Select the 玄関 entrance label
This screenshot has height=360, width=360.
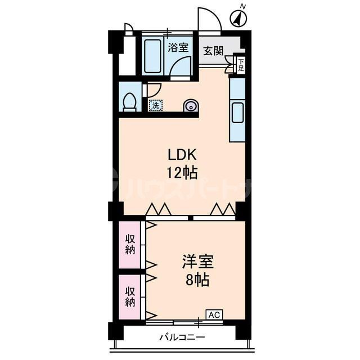[213, 51]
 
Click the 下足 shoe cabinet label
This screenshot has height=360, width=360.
[241, 65]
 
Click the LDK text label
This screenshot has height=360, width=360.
[179, 154]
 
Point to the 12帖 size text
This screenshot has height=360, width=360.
[179, 170]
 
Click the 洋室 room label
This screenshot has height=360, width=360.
[197, 262]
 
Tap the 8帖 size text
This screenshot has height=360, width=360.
[197, 279]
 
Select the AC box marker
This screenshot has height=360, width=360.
[214, 314]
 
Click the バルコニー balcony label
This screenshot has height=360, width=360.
[182, 338]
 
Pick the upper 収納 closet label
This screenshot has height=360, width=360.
[130, 245]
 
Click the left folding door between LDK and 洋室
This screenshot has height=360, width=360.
[158, 209]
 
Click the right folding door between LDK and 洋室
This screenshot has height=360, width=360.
[223, 209]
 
